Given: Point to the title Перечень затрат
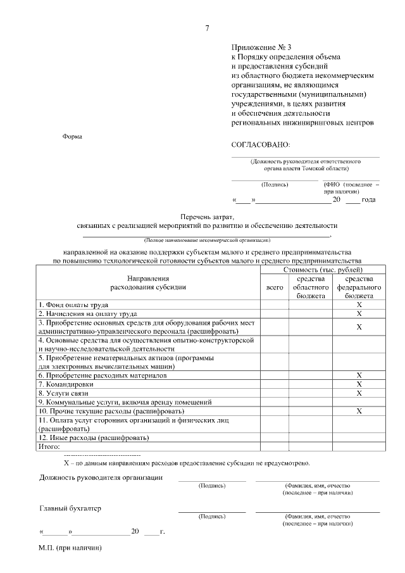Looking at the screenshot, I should (x=207, y=217).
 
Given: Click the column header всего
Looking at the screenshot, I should (x=275, y=287).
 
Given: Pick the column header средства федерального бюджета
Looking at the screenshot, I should (x=359, y=287).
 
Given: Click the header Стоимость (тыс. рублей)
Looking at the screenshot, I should (x=322, y=270).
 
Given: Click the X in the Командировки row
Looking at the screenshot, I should (x=359, y=384).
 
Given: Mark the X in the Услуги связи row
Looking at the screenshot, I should (x=359, y=393).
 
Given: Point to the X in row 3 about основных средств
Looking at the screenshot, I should (x=359, y=327).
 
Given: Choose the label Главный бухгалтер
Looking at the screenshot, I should (x=70, y=508).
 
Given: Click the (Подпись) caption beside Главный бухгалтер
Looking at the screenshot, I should (x=212, y=516).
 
